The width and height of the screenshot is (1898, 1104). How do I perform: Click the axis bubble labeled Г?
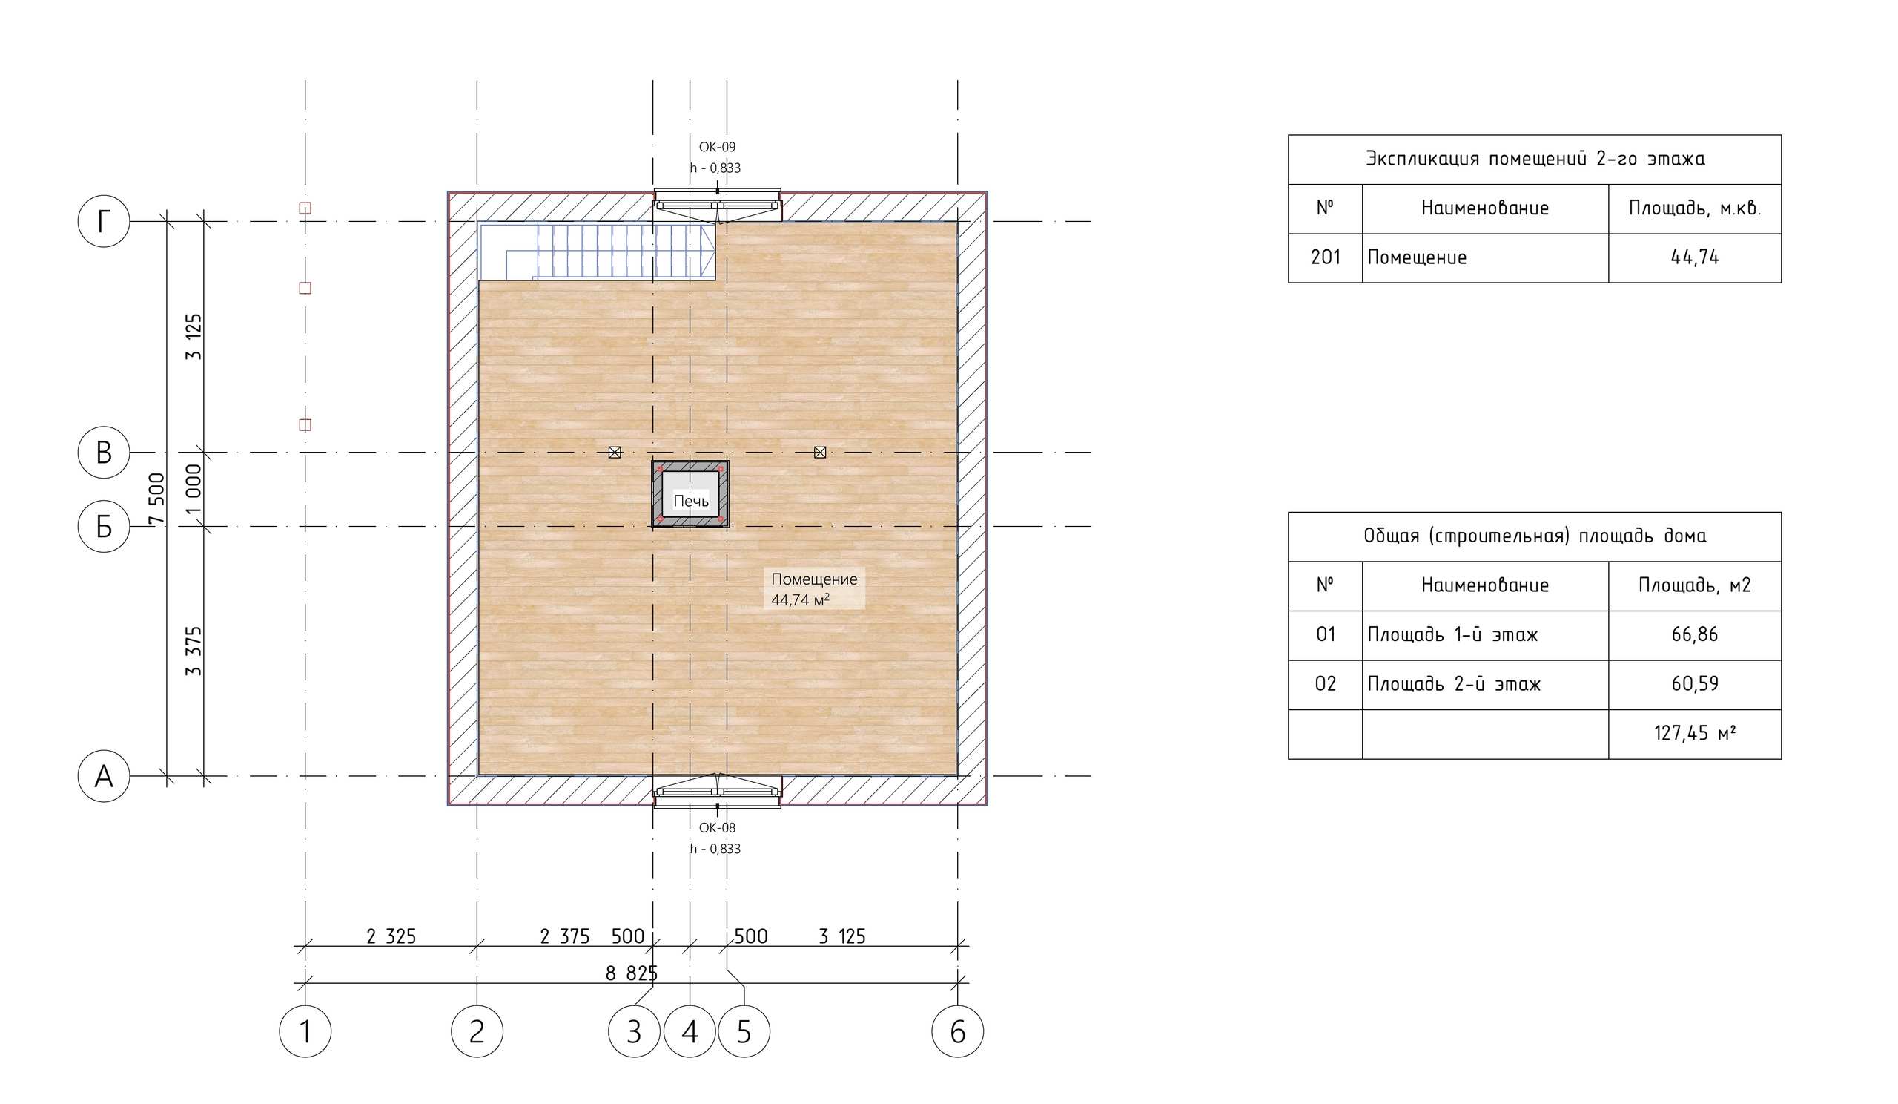pyautogui.click(x=104, y=222)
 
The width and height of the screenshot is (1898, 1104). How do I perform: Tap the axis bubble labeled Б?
pyautogui.click(x=104, y=526)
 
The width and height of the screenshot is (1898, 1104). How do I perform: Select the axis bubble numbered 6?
pyautogui.click(x=957, y=1031)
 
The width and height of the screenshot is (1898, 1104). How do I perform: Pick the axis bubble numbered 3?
pyautogui.click(x=633, y=1031)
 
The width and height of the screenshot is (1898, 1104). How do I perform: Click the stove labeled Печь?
pyautogui.click(x=690, y=494)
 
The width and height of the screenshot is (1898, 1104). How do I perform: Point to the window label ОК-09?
pyautogui.click(x=716, y=147)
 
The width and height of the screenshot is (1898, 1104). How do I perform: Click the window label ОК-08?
pyautogui.click(x=716, y=827)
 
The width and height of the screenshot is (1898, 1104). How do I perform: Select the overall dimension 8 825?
pyautogui.click(x=630, y=973)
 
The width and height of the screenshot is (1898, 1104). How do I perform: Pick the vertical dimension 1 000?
pyautogui.click(x=194, y=488)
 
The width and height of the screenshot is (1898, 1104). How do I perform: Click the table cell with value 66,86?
pyautogui.click(x=1694, y=634)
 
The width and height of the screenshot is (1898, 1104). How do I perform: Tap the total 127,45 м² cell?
pyautogui.click(x=1694, y=733)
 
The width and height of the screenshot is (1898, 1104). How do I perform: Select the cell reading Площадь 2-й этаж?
pyautogui.click(x=1454, y=684)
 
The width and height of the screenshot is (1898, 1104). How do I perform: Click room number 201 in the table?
pyautogui.click(x=1325, y=257)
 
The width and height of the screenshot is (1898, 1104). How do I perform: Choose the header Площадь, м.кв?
pyautogui.click(x=1694, y=208)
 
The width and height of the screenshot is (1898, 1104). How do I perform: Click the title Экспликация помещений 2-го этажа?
pyautogui.click(x=1534, y=159)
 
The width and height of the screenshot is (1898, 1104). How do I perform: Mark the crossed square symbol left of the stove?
pyautogui.click(x=615, y=452)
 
